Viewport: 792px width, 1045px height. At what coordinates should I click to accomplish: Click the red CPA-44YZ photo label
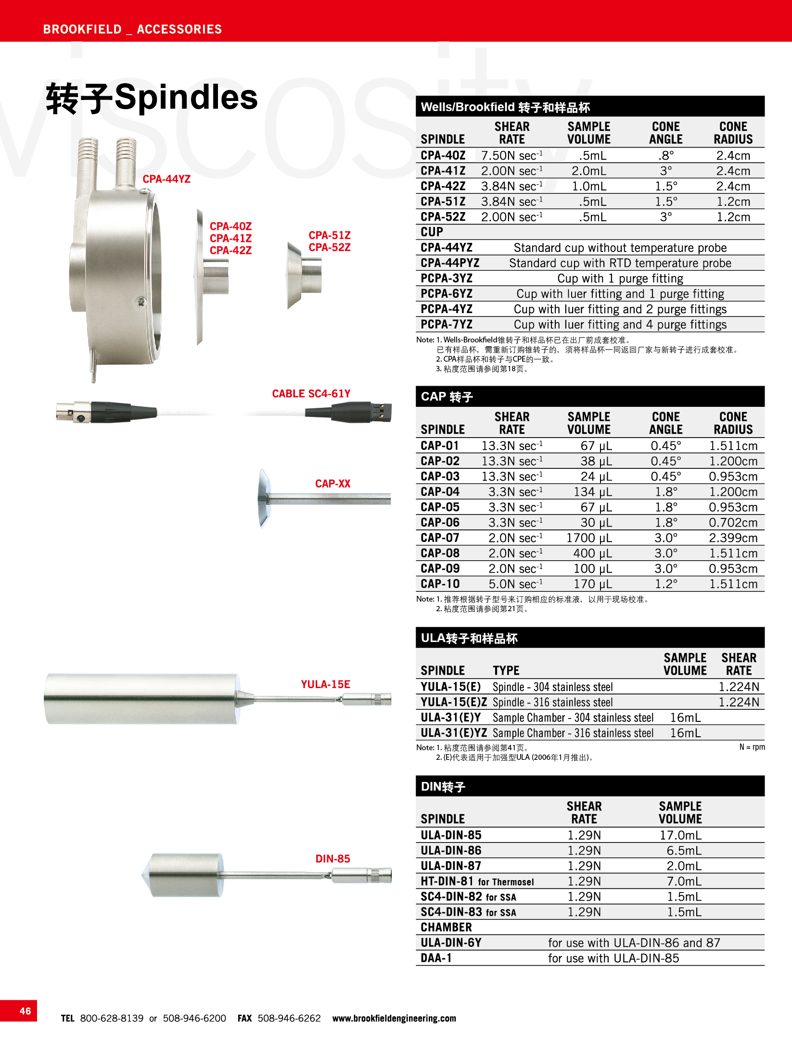(x=166, y=179)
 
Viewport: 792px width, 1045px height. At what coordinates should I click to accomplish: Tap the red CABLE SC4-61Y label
(x=311, y=393)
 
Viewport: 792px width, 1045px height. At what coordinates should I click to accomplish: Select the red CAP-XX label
(x=332, y=483)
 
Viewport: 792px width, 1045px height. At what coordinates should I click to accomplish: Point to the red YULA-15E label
(x=325, y=684)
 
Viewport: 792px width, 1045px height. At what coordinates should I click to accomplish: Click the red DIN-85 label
(x=332, y=858)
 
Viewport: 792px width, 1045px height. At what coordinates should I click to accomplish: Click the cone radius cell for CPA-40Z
(x=733, y=155)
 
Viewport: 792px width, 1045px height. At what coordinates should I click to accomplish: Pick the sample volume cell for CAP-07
(x=588, y=538)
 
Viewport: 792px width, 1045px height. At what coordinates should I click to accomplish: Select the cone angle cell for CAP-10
(x=665, y=584)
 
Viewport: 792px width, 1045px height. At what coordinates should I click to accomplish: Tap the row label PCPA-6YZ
(x=447, y=293)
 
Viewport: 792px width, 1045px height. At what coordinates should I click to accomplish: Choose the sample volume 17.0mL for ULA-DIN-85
(x=680, y=835)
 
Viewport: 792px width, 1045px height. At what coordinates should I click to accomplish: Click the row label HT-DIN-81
(x=447, y=881)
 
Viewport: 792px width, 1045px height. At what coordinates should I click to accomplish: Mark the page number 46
(x=25, y=1011)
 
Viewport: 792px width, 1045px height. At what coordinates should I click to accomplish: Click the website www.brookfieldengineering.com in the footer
(x=394, y=1018)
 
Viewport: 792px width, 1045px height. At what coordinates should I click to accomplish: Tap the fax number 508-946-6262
(x=289, y=1018)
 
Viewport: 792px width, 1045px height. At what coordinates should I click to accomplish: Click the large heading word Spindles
(x=186, y=97)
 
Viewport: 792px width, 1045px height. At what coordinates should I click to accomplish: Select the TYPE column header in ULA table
(x=506, y=670)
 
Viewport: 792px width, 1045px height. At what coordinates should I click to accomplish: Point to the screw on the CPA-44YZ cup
(x=141, y=302)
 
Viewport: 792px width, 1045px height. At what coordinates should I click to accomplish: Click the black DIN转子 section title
(x=443, y=787)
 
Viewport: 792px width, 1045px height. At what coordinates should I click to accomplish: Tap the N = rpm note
(x=752, y=747)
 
